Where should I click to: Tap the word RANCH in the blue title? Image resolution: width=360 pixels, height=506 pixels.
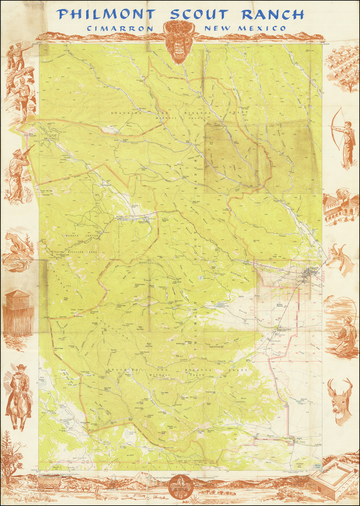click(272, 14)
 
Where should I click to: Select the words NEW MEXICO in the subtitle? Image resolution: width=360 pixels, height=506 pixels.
click(245, 28)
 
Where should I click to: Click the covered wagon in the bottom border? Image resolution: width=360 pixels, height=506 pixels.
click(47, 485)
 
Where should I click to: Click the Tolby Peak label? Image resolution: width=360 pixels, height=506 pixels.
click(65, 299)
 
